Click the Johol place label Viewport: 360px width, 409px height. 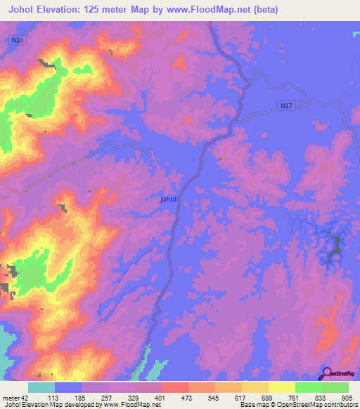point(169,200)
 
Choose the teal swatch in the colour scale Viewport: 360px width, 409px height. point(41,387)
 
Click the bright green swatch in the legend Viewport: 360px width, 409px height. point(309,387)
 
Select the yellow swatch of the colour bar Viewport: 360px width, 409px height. point(282,387)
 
